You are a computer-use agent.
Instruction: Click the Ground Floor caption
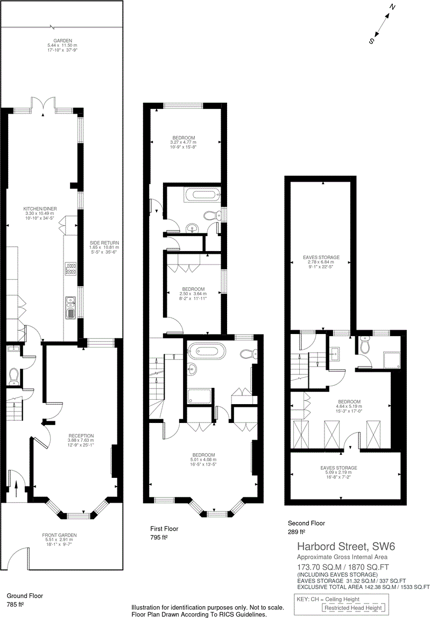point(25,596)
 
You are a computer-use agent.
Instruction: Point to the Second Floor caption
point(307,523)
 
